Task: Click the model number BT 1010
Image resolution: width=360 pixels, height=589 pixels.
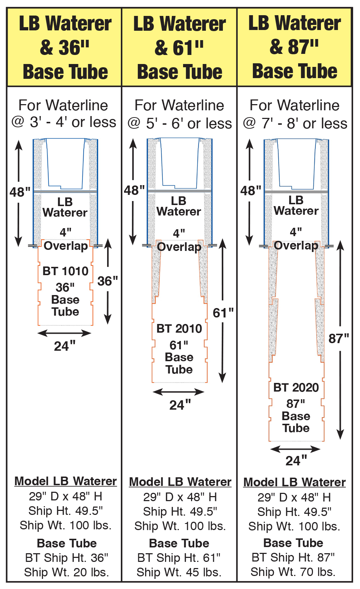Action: tap(65, 271)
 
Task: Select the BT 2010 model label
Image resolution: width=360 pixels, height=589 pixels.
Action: tap(179, 329)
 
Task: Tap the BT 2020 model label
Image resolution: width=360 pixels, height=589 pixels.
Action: tap(296, 388)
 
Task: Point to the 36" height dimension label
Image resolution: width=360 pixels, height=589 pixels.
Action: tap(108, 281)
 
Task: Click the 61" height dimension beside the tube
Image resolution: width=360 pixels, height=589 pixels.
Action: tap(223, 313)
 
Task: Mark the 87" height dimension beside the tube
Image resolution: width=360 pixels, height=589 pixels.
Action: tap(339, 338)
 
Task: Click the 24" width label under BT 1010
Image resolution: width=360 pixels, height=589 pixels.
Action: tap(65, 346)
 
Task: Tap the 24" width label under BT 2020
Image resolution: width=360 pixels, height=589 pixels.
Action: tap(296, 461)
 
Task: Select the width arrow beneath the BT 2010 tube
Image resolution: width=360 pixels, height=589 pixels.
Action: tap(179, 392)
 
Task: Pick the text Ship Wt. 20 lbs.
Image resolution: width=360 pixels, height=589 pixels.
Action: tap(67, 572)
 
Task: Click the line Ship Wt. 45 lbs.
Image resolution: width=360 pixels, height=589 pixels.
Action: tap(179, 572)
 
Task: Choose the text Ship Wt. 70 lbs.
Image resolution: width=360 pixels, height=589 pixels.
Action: tap(293, 572)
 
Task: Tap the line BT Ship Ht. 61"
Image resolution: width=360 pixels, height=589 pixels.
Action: tap(179, 558)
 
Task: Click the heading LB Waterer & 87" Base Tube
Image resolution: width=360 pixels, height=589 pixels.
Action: tap(295, 47)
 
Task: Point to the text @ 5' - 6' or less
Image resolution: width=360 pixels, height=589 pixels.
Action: tap(180, 124)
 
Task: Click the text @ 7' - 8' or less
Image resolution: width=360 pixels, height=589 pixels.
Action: tap(295, 124)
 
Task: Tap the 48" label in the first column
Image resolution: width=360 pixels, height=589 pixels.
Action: tap(20, 192)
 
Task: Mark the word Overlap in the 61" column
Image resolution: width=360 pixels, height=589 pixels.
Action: tap(179, 247)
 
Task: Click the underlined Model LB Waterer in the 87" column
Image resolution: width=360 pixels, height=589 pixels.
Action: tap(295, 482)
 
